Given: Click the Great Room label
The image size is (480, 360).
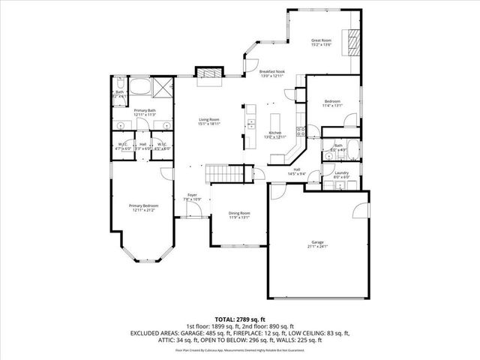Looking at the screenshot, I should tap(321, 40).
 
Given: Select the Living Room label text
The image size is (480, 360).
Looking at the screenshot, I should tap(208, 120).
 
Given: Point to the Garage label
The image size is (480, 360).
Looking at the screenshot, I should tap(319, 242).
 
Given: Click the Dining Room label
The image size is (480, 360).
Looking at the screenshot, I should tap(239, 214).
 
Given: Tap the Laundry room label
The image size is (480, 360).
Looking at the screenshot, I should tap(342, 173).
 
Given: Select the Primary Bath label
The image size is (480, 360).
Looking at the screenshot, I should tap(145, 111).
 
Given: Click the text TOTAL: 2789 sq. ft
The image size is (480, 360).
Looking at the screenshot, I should tap(240, 319).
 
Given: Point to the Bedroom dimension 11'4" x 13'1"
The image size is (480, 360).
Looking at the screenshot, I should tap(332, 106).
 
